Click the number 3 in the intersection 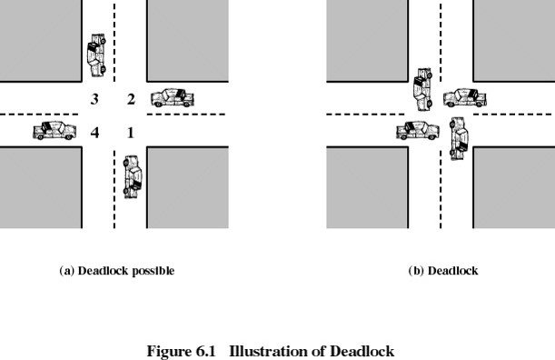pos(94,99)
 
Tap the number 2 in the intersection pos(131,99)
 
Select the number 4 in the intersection pos(94,133)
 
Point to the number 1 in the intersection pos(131,133)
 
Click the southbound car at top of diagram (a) pos(95,55)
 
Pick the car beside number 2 pos(173,97)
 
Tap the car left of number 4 pos(55,131)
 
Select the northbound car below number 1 pos(134,175)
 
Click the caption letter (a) pos(66,271)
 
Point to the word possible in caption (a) pos(151,271)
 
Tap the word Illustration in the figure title pos(263,351)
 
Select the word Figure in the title pos(165,351)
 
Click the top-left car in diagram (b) pos(423,88)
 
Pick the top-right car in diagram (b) pos(464,97)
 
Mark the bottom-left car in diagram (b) pos(418,131)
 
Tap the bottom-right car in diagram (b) pos(460,138)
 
